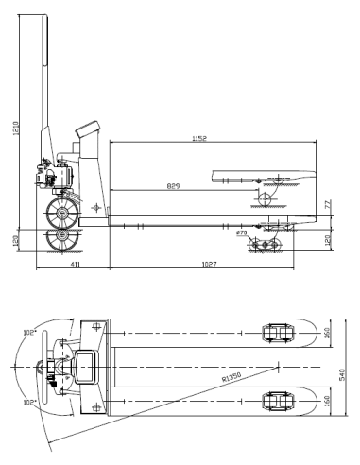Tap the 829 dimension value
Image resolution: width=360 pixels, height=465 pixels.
(174, 186)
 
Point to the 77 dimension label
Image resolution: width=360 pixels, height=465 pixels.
(327, 204)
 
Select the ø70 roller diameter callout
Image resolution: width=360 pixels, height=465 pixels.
(241, 232)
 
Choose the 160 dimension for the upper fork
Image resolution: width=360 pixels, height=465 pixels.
(327, 333)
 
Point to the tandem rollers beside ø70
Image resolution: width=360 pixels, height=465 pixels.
(265, 244)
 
